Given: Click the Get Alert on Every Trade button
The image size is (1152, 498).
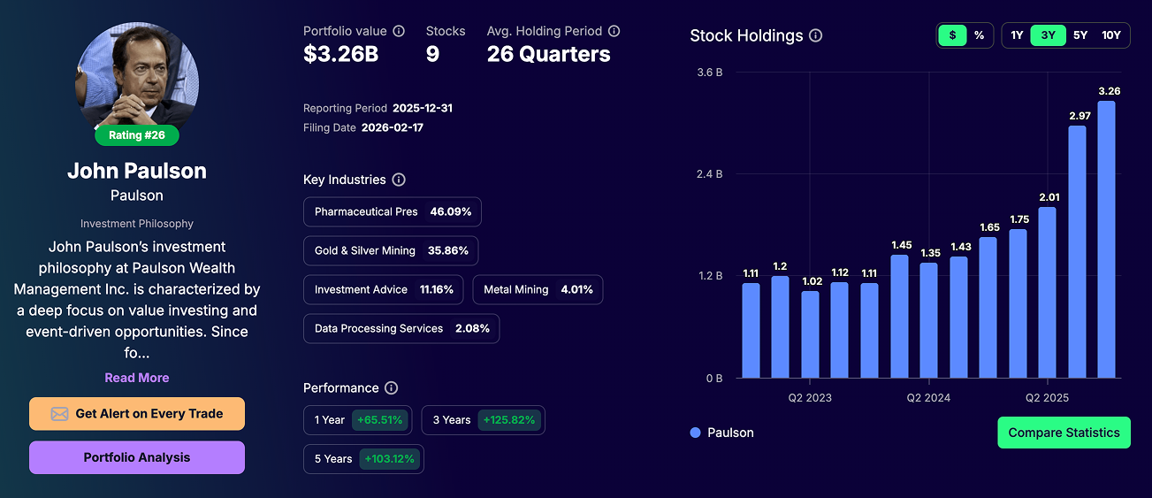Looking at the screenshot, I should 137,414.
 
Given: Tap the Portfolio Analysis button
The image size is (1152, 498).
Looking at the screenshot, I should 137,457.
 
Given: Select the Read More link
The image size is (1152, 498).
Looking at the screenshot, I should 137,378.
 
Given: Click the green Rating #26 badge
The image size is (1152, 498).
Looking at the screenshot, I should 137,135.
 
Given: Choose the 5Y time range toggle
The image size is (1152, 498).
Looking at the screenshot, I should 1080,35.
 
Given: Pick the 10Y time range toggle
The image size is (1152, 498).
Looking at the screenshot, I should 1111,35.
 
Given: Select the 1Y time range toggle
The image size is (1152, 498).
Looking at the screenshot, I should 1017,35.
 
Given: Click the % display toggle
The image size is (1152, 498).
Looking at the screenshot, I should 979,35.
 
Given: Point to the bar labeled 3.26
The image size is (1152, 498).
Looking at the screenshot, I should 1106,240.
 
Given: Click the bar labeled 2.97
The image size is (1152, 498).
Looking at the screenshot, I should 1077,252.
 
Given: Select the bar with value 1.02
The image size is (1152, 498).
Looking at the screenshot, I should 810,334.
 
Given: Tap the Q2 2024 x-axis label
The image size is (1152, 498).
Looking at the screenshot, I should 928,398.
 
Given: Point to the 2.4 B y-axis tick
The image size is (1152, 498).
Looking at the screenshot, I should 709,174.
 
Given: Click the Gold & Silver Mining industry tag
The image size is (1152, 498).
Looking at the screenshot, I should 391,250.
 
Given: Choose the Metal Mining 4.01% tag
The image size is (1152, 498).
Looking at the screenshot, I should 538,289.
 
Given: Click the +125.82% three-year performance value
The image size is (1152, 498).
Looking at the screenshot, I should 508,420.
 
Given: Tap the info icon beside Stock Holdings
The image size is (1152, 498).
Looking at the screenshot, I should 816,36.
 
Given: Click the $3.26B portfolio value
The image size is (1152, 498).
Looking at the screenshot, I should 340,55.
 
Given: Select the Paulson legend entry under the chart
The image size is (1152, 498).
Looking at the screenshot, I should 721,433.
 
